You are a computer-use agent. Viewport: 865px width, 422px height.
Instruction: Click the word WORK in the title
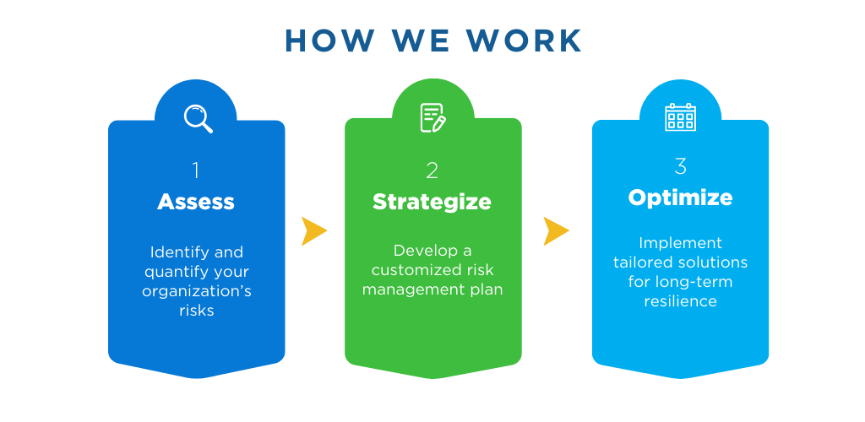(524, 41)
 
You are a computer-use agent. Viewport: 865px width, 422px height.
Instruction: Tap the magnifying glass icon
(198, 118)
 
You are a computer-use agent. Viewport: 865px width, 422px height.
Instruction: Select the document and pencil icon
(433, 117)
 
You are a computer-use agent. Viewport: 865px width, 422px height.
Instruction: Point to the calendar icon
(680, 116)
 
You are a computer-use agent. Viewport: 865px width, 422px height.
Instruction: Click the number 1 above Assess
(196, 170)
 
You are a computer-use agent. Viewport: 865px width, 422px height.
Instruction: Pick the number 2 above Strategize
(432, 170)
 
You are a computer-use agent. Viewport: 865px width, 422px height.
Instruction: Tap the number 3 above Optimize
(680, 166)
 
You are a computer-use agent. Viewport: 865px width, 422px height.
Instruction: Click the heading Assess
(196, 203)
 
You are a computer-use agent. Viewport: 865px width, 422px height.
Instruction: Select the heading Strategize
(432, 203)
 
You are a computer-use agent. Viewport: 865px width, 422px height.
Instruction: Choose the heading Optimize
(680, 197)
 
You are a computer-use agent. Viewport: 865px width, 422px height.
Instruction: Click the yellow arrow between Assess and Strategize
(314, 230)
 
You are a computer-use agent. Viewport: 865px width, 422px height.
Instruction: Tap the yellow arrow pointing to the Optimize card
(556, 230)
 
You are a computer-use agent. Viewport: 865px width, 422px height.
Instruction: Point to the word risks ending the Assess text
(196, 310)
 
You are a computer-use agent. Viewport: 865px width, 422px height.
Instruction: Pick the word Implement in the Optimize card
(680, 243)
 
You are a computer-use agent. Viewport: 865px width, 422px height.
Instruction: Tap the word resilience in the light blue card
(680, 301)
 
